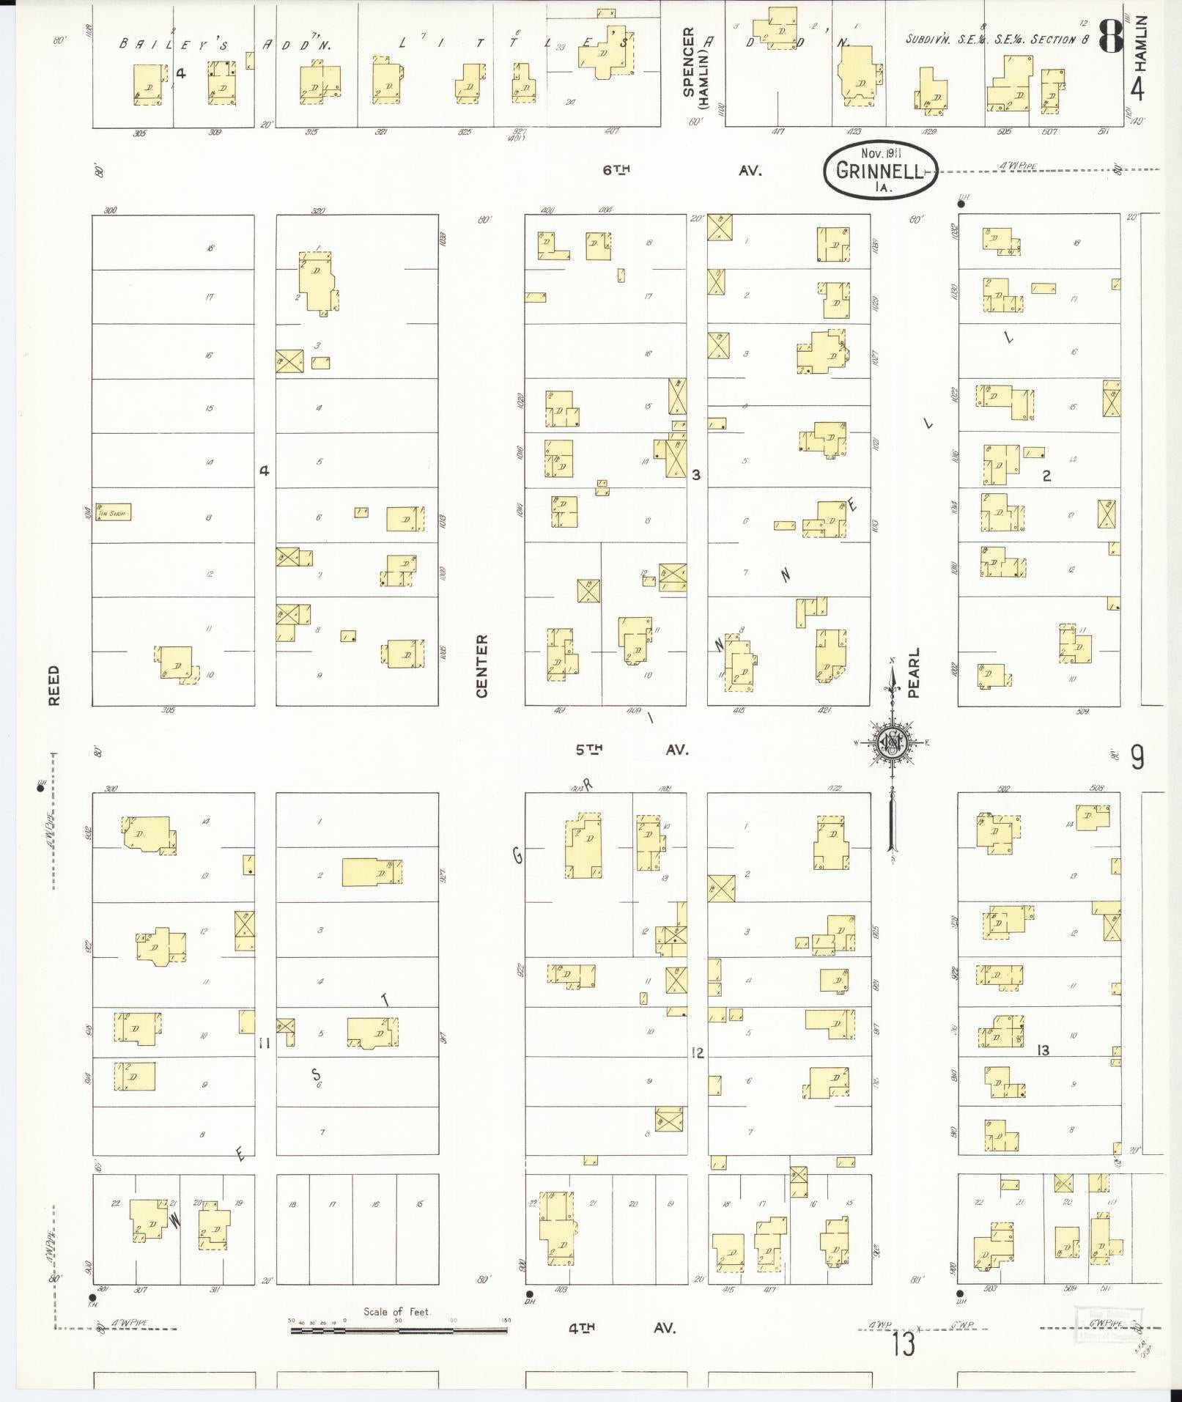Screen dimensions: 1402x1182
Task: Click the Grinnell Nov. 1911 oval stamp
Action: [x=879, y=170]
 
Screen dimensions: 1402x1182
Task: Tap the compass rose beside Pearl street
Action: [x=892, y=742]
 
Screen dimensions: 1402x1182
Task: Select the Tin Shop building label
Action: [x=112, y=514]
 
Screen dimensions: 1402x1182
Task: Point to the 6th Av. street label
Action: [x=682, y=170]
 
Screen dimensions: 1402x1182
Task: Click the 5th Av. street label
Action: [x=632, y=750]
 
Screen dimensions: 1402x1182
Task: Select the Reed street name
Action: [x=53, y=685]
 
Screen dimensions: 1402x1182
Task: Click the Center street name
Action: [x=481, y=665]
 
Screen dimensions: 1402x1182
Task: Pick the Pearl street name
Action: [x=913, y=672]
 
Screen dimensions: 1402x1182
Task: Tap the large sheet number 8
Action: [x=1109, y=36]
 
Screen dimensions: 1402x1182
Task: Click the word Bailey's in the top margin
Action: [x=166, y=44]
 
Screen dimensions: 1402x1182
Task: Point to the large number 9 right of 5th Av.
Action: [x=1137, y=757]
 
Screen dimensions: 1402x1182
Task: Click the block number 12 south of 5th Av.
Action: [x=698, y=1053]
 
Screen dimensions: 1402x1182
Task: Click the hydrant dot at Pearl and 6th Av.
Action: [x=961, y=204]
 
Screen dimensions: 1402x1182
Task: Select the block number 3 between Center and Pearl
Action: [x=696, y=475]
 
